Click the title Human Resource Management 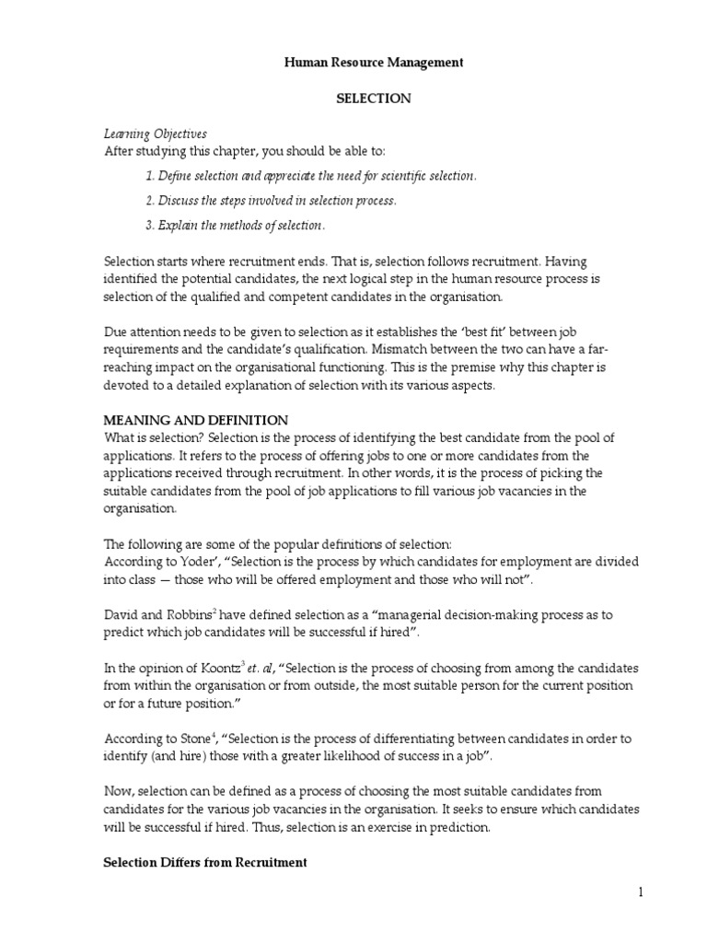(360, 63)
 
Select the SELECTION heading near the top (360, 98)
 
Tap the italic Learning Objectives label (155, 134)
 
